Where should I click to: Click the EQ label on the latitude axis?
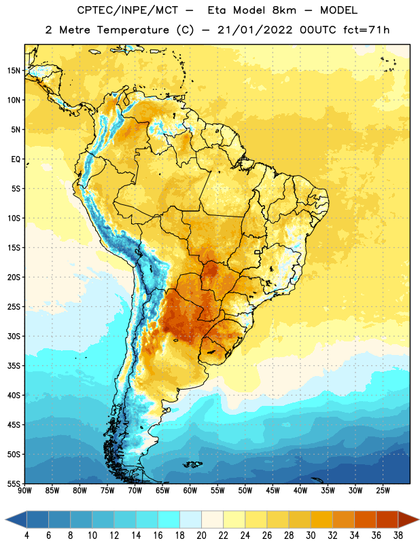click(x=16, y=160)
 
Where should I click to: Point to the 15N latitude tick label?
click(x=14, y=71)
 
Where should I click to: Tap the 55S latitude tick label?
click(x=14, y=483)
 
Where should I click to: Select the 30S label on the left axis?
click(x=14, y=336)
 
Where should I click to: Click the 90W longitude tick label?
click(x=24, y=491)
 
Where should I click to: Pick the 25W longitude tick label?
click(x=383, y=491)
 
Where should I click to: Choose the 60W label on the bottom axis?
click(x=190, y=491)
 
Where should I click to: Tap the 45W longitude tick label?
click(x=273, y=491)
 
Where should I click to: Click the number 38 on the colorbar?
click(x=398, y=536)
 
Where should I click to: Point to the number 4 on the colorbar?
click(x=27, y=536)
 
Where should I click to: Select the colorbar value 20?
click(x=201, y=536)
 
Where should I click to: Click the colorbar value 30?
click(x=311, y=536)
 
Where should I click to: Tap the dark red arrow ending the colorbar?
click(x=408, y=519)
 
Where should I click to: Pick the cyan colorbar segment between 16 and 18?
click(x=169, y=519)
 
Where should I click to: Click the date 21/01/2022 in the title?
click(x=255, y=30)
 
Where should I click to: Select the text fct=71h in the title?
click(x=366, y=30)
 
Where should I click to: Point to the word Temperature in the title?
click(x=133, y=30)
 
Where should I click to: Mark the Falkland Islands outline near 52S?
click(x=192, y=464)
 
